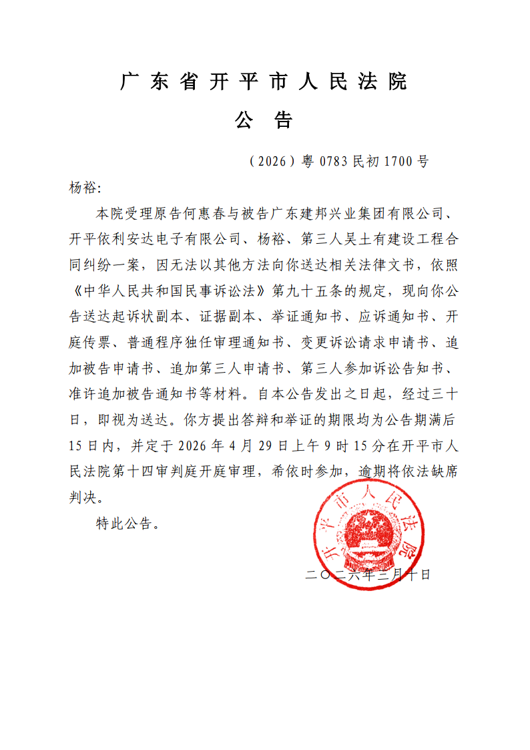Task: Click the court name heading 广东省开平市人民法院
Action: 264,82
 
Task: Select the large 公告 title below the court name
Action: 264,120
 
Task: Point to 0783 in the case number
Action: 334,161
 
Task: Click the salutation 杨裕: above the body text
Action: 83,188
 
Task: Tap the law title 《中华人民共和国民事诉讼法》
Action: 167,291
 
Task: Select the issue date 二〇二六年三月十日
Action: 368,574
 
